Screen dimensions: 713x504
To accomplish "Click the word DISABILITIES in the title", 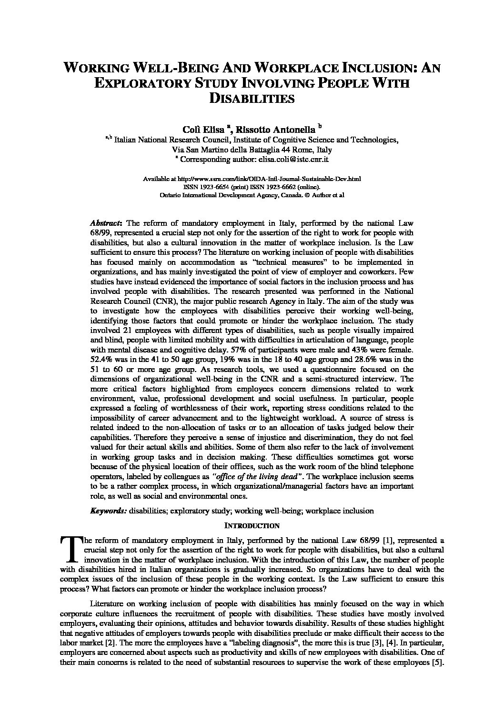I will tap(252, 99).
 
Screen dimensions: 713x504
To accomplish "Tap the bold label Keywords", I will tap(108, 511).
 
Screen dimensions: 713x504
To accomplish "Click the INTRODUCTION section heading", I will tap(252, 526).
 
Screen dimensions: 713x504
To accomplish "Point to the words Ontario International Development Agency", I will tap(217, 195).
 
